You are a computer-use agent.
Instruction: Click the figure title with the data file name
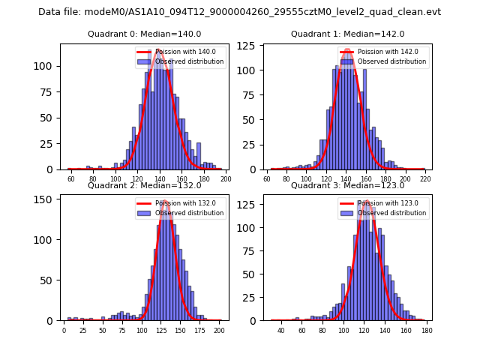pyautogui.click(x=239, y=12)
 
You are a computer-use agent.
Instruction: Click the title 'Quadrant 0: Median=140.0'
pyautogui.click(x=144, y=34)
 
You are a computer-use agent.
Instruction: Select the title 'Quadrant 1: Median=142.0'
pyautogui.click(x=347, y=34)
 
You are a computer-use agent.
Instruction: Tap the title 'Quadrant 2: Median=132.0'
pyautogui.click(x=144, y=185)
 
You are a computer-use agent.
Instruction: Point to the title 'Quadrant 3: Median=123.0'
pyautogui.click(x=347, y=185)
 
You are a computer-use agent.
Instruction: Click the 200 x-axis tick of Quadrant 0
pyautogui.click(x=225, y=180)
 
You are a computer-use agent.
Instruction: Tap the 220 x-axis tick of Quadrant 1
pyautogui.click(x=424, y=180)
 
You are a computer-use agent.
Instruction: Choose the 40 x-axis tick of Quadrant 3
pyautogui.click(x=281, y=331)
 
